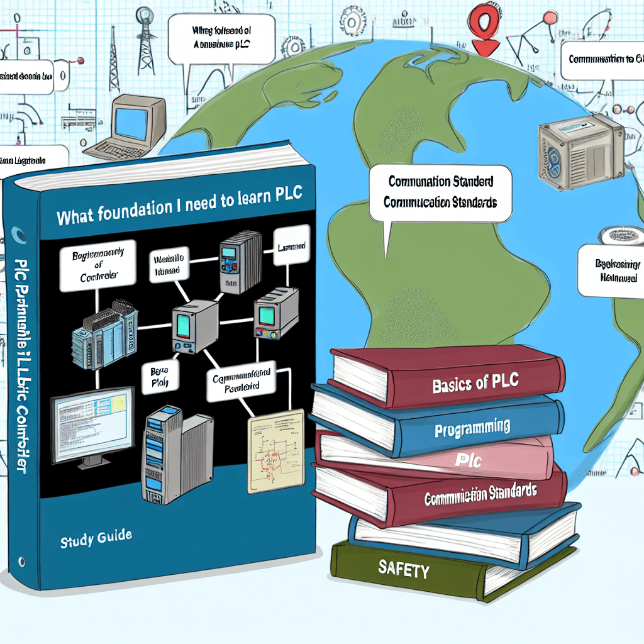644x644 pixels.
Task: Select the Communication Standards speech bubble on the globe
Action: (440, 192)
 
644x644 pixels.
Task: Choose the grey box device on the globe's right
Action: (580, 154)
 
